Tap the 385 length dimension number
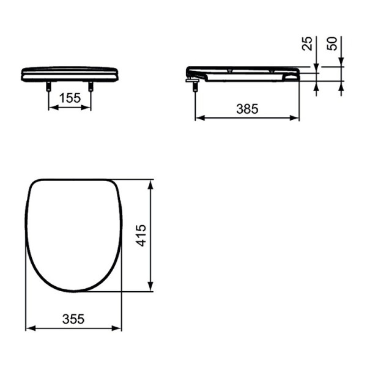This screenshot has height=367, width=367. (x=247, y=108)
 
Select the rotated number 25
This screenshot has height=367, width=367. (x=308, y=43)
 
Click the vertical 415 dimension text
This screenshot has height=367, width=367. (x=141, y=235)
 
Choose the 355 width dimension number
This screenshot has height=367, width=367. (x=73, y=319)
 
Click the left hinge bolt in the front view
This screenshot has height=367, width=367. (x=48, y=87)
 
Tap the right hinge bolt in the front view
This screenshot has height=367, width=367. (x=91, y=87)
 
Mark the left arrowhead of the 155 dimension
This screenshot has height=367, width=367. (x=51, y=107)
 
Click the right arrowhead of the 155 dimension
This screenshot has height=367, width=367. (x=88, y=107)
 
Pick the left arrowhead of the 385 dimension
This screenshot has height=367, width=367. (x=198, y=117)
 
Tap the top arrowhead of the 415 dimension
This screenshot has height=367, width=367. (x=150, y=183)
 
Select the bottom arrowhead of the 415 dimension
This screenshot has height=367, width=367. (x=150, y=288)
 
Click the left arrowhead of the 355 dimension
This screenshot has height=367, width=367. (x=29, y=328)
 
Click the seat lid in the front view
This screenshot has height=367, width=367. (x=70, y=73)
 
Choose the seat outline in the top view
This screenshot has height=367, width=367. (x=73, y=235)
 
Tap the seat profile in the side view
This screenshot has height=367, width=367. (x=245, y=73)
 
